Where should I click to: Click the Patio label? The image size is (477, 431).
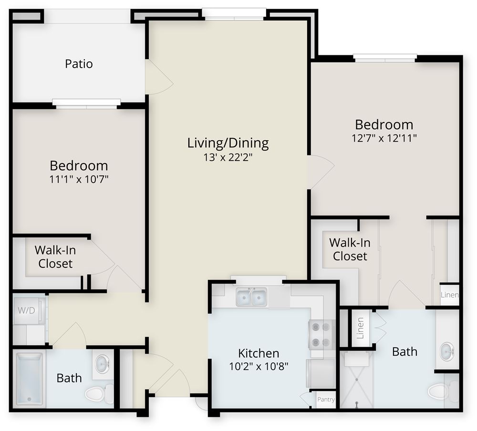click(79, 64)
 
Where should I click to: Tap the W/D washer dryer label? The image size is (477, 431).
click(26, 310)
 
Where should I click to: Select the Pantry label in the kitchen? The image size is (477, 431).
click(326, 400)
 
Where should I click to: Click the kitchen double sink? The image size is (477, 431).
click(251, 297)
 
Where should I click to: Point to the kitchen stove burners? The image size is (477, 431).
click(321, 335)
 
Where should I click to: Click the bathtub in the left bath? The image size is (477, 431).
click(29, 379)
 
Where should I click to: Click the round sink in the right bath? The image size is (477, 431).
click(447, 351)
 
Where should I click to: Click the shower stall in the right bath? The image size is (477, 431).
click(356, 380)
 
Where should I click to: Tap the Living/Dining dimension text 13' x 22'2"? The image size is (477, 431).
click(228, 157)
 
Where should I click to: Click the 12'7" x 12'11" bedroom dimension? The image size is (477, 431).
click(384, 138)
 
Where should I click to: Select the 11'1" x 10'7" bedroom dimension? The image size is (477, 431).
click(79, 179)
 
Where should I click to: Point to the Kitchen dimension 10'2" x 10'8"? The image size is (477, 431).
click(259, 366)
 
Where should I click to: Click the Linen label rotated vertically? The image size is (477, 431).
click(360, 328)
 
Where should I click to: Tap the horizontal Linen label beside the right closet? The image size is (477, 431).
click(450, 295)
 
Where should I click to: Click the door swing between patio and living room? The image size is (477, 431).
click(159, 77)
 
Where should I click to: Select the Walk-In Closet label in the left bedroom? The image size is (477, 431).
click(55, 257)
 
